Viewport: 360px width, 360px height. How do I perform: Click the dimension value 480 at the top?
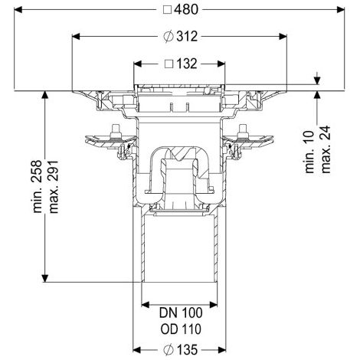click(x=186, y=10)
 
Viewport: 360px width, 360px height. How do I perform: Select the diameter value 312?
click(x=187, y=37)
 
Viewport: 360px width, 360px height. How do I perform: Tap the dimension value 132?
click(x=187, y=64)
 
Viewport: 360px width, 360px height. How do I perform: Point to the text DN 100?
click(x=181, y=313)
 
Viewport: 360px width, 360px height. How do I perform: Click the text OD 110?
click(x=181, y=329)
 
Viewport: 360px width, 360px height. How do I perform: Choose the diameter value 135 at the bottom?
click(x=187, y=349)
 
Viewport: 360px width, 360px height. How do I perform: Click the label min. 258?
click(x=38, y=186)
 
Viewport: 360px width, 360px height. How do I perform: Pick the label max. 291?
click(x=54, y=187)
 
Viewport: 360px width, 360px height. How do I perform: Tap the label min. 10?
click(x=309, y=152)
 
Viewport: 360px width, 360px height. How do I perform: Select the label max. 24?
click(x=326, y=149)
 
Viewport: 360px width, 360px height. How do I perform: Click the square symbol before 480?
click(x=167, y=10)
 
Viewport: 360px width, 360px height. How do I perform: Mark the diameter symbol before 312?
click(x=168, y=37)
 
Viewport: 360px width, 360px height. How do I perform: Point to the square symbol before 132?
click(x=169, y=64)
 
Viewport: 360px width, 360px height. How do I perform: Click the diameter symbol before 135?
click(x=168, y=349)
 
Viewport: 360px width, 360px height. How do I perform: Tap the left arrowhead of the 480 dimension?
click(x=18, y=10)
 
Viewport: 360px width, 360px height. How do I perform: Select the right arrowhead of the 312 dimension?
click(x=283, y=37)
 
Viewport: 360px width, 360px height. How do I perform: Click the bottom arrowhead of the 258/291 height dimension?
click(x=45, y=278)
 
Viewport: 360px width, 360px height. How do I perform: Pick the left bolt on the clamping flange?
click(x=116, y=131)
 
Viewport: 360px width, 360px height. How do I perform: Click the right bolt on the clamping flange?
click(x=243, y=131)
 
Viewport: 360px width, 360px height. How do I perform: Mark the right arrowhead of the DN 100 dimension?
click(x=214, y=305)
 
